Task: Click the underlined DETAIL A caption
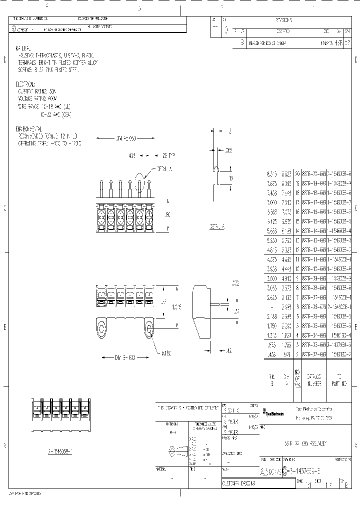coord(217,226)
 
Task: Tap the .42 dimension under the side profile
coord(228,351)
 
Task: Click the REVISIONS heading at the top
coord(283,20)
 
